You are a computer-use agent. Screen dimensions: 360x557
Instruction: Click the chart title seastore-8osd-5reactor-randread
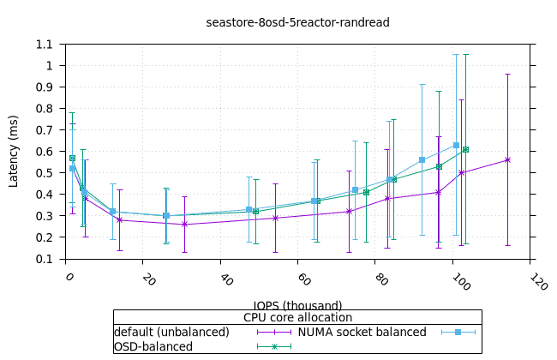click(x=297, y=22)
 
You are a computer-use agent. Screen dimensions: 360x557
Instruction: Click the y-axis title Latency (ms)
click(x=14, y=151)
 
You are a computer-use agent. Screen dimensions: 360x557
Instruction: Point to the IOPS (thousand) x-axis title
click(x=297, y=305)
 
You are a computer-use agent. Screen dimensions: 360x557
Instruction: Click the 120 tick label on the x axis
click(x=537, y=281)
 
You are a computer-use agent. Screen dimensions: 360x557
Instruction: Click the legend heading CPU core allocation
click(x=297, y=318)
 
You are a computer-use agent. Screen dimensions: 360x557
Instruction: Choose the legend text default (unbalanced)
click(x=171, y=332)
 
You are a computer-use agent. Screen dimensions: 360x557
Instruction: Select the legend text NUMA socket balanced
click(x=362, y=332)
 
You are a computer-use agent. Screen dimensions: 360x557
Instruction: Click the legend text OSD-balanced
click(x=153, y=346)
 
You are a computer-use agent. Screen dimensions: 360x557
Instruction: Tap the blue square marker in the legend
click(x=458, y=332)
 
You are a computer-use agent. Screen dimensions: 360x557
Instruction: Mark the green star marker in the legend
click(x=274, y=346)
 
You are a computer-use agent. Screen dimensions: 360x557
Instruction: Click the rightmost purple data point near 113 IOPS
click(x=507, y=159)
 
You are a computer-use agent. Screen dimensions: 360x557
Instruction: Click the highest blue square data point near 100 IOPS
click(x=456, y=146)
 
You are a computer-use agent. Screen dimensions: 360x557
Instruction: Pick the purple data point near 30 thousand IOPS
click(x=185, y=225)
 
